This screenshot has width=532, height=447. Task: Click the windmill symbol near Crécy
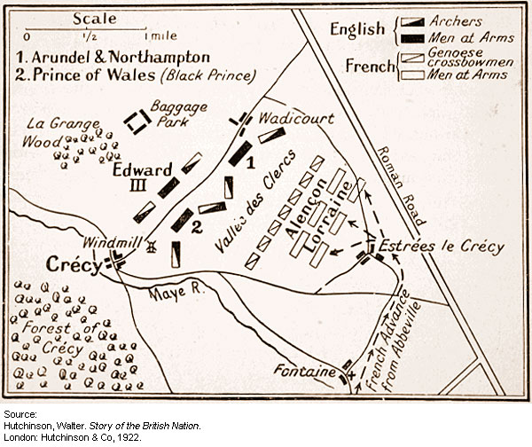point(152,246)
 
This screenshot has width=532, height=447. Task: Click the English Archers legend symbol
point(410,21)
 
